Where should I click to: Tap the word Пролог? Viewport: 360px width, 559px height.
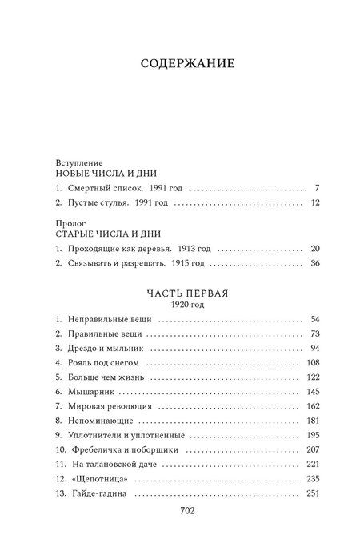(69, 222)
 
